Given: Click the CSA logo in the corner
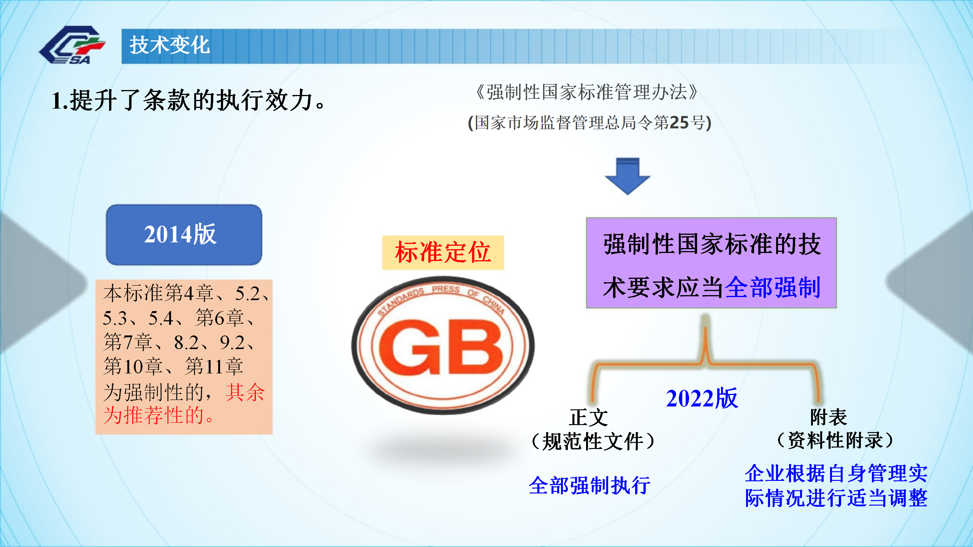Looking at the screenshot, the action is click(x=72, y=45).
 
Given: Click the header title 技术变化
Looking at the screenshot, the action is click(x=170, y=45).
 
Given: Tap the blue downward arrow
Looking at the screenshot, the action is click(x=628, y=176).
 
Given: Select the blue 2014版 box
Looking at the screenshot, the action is click(x=184, y=235).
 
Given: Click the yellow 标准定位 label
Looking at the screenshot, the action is click(x=443, y=253).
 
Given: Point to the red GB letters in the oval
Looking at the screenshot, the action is click(x=441, y=346).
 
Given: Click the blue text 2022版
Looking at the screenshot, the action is click(x=702, y=398).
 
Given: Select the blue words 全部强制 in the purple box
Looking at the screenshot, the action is click(x=773, y=288).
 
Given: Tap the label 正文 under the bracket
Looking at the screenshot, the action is click(x=588, y=418).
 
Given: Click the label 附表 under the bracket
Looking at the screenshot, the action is click(x=829, y=417).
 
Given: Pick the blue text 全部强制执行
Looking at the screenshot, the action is click(x=590, y=486).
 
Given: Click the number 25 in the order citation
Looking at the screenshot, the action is click(x=679, y=123).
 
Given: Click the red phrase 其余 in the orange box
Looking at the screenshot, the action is click(x=245, y=392).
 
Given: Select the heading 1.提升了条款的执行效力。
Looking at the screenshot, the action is click(x=188, y=101).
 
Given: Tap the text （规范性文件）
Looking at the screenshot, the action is click(x=593, y=441).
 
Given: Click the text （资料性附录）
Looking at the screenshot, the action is click(x=835, y=441).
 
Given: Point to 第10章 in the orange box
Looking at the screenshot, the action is click(x=133, y=367).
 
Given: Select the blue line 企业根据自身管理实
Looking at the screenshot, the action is click(x=836, y=473).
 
